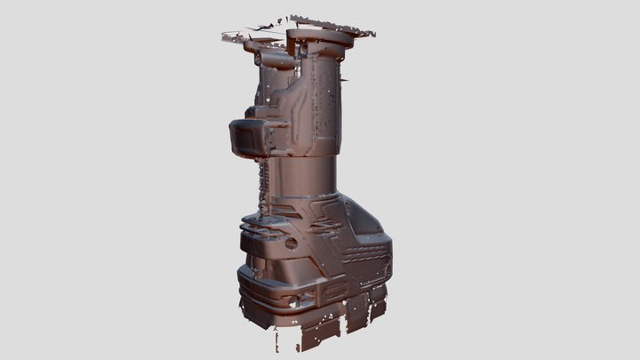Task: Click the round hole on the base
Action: [292, 243]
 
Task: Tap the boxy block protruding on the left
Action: [252, 136]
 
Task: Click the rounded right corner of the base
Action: [384, 258]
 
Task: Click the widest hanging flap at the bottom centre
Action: [316, 338]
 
